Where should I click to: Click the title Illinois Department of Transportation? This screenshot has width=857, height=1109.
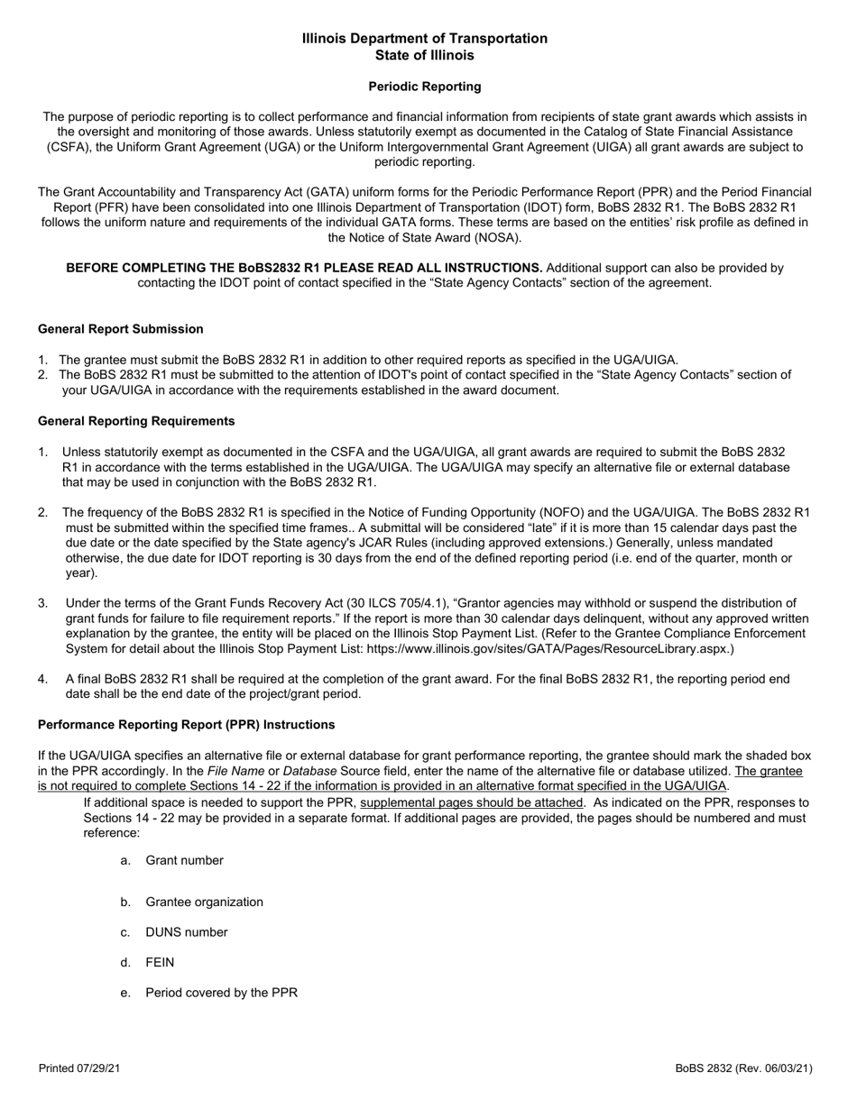tap(424, 39)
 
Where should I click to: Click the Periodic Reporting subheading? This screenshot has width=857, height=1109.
tap(424, 87)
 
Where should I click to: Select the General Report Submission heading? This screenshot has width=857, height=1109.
tap(120, 329)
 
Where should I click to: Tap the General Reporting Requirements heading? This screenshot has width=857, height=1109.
tap(136, 421)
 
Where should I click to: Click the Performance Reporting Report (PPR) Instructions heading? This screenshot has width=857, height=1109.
tap(186, 725)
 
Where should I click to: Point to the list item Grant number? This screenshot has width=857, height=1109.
tap(184, 860)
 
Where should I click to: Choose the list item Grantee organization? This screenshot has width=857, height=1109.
tap(204, 902)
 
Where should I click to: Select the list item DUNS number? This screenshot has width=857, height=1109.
tap(186, 932)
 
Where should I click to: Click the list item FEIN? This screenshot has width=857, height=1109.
tap(160, 963)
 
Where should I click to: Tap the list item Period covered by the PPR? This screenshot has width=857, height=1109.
tap(221, 993)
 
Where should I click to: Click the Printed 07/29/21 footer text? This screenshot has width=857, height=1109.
tap(79, 1068)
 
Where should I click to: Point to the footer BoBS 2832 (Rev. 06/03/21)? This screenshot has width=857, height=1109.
tap(743, 1068)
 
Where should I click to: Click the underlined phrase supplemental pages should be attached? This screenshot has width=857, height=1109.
tap(471, 802)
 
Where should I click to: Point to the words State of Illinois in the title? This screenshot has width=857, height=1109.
tap(424, 55)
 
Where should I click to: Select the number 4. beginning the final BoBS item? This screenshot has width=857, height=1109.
tap(43, 679)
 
